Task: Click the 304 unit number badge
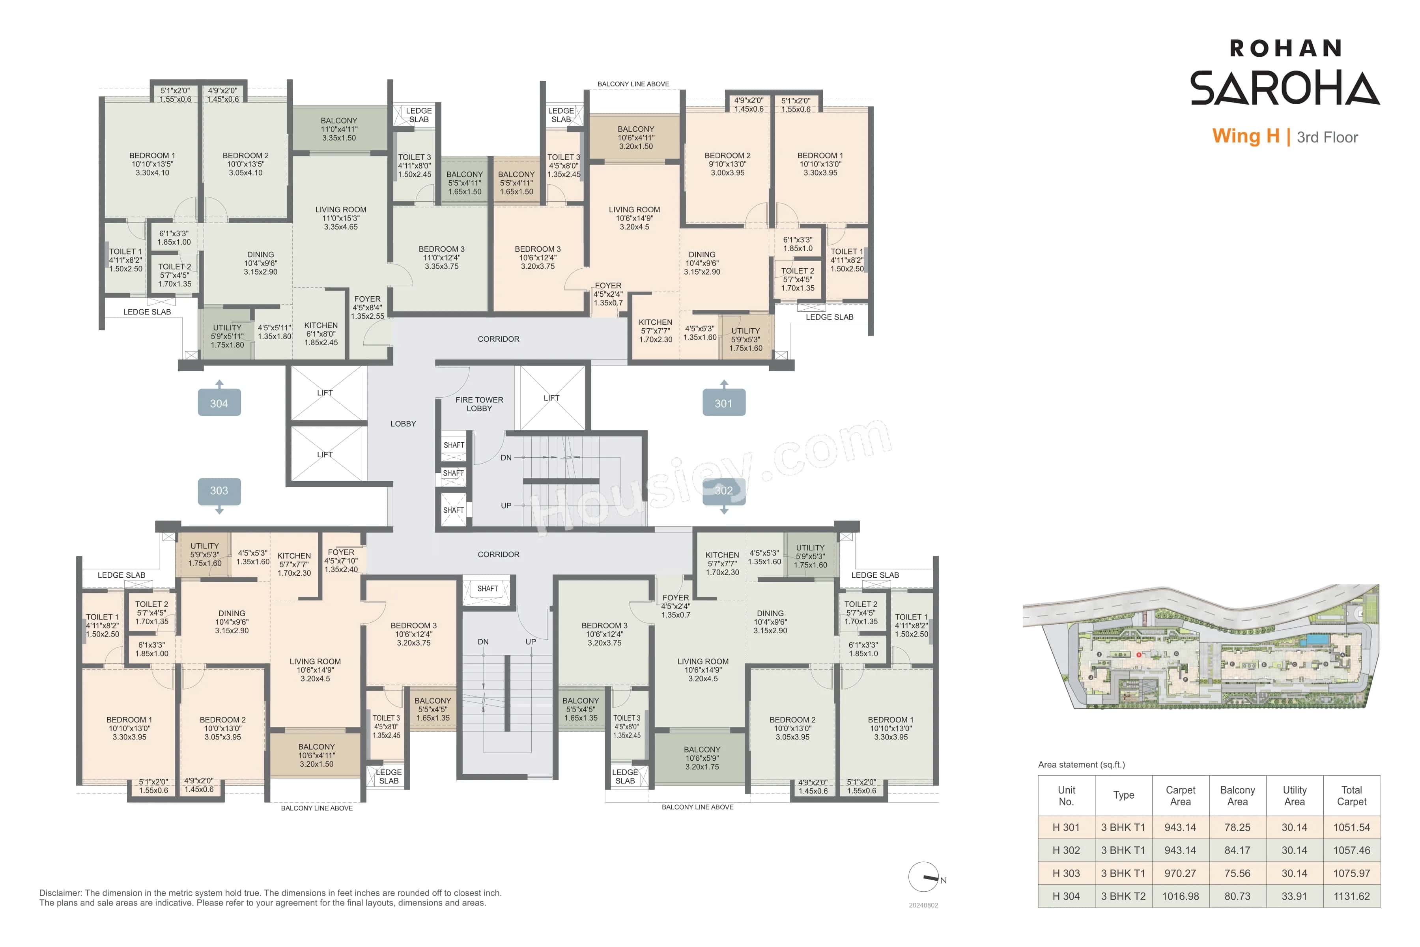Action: coord(219,403)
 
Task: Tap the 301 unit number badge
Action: coord(723,403)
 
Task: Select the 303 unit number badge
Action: coord(219,490)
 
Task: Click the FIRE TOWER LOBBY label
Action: coord(479,404)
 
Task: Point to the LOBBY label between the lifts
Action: coord(403,423)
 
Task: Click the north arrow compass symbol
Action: coord(924,877)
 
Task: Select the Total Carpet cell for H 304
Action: coord(1351,896)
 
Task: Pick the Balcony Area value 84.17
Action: coord(1237,850)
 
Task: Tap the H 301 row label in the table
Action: coord(1066,827)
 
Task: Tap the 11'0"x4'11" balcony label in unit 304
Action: coord(339,129)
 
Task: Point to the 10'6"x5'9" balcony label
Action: coord(702,758)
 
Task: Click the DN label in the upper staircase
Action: coord(506,458)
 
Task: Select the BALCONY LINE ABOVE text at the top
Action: coord(633,84)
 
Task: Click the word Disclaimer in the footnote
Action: coord(60,893)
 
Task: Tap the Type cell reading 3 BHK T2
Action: coord(1123,896)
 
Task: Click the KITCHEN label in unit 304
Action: coord(321,325)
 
